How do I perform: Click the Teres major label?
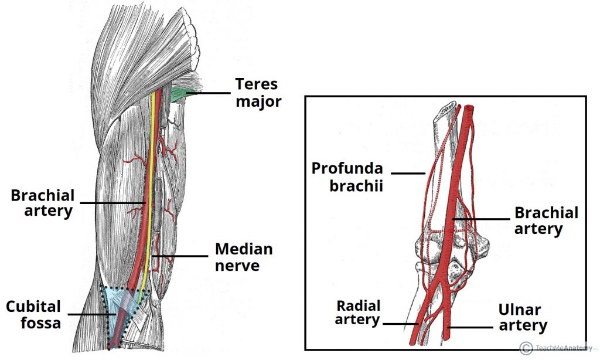point(258,93)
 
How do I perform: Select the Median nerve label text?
point(243,257)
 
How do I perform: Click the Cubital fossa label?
point(33,314)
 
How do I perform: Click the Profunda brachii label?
point(347,176)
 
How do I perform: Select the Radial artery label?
point(358,312)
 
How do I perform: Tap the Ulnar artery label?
point(523,317)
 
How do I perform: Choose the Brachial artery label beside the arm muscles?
point(42,203)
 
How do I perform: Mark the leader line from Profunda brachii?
point(408,173)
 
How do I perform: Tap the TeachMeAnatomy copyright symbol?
point(526,347)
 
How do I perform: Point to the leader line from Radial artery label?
point(400,323)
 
